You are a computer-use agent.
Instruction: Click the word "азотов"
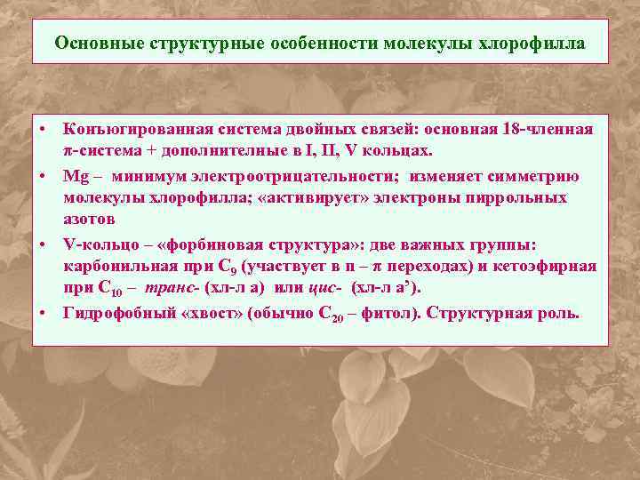pyautogui.click(x=88, y=218)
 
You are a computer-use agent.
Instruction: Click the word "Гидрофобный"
pyautogui.click(x=116, y=313)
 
